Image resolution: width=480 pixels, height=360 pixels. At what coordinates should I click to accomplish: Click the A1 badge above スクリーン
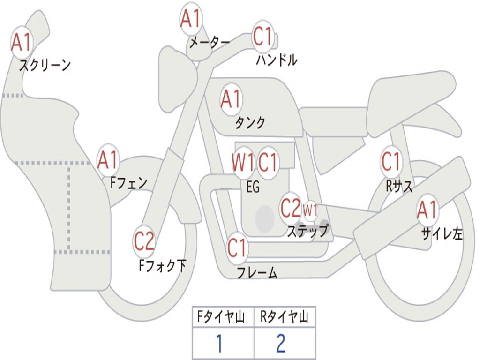point(22,43)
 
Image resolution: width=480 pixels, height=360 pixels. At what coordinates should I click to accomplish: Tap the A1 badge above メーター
point(191,18)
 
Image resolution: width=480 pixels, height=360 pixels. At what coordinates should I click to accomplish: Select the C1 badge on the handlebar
point(262,36)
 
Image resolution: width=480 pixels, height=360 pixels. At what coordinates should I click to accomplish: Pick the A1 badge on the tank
point(232,99)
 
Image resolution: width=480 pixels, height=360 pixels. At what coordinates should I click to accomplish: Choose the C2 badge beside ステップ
point(291,208)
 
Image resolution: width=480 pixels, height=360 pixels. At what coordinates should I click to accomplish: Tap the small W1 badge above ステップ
point(310,210)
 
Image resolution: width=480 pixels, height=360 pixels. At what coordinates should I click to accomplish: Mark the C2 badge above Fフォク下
point(144,241)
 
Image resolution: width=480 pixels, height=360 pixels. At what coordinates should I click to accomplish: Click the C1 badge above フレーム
point(237,248)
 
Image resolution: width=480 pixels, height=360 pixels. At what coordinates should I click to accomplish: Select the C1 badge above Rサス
point(391,161)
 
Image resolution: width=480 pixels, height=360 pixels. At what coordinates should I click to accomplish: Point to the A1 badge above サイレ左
point(427,210)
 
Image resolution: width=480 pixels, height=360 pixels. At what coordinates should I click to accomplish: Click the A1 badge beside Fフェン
point(108,160)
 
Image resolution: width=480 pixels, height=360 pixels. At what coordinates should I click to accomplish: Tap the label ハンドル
point(277,60)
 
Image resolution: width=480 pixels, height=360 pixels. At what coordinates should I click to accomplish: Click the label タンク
point(250,122)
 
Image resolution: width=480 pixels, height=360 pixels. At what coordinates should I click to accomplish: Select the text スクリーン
point(45,65)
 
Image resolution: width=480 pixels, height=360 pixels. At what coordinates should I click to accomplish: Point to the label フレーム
point(257,272)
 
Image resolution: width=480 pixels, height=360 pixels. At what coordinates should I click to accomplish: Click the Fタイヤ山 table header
point(221,316)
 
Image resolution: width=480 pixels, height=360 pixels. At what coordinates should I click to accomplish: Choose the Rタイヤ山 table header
point(285,316)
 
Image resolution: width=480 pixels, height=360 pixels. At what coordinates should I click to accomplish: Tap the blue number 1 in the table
point(219,343)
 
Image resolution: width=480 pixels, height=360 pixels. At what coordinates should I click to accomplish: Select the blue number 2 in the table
point(281,343)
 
